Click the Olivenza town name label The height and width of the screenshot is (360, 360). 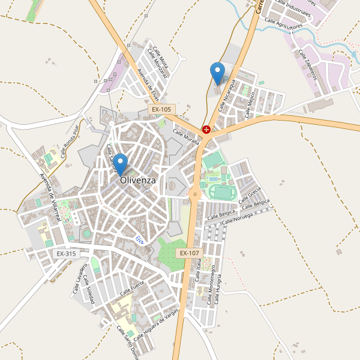(137, 180)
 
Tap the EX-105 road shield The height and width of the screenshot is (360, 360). (161, 110)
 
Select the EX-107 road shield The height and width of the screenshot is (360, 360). (188, 253)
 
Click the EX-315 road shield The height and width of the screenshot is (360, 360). (66, 254)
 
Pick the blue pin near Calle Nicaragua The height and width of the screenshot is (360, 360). (217, 74)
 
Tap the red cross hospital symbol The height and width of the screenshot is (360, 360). (206, 129)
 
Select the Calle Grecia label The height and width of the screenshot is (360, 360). (250, 195)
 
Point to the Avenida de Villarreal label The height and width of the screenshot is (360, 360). (50, 197)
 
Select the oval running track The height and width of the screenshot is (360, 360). (221, 192)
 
